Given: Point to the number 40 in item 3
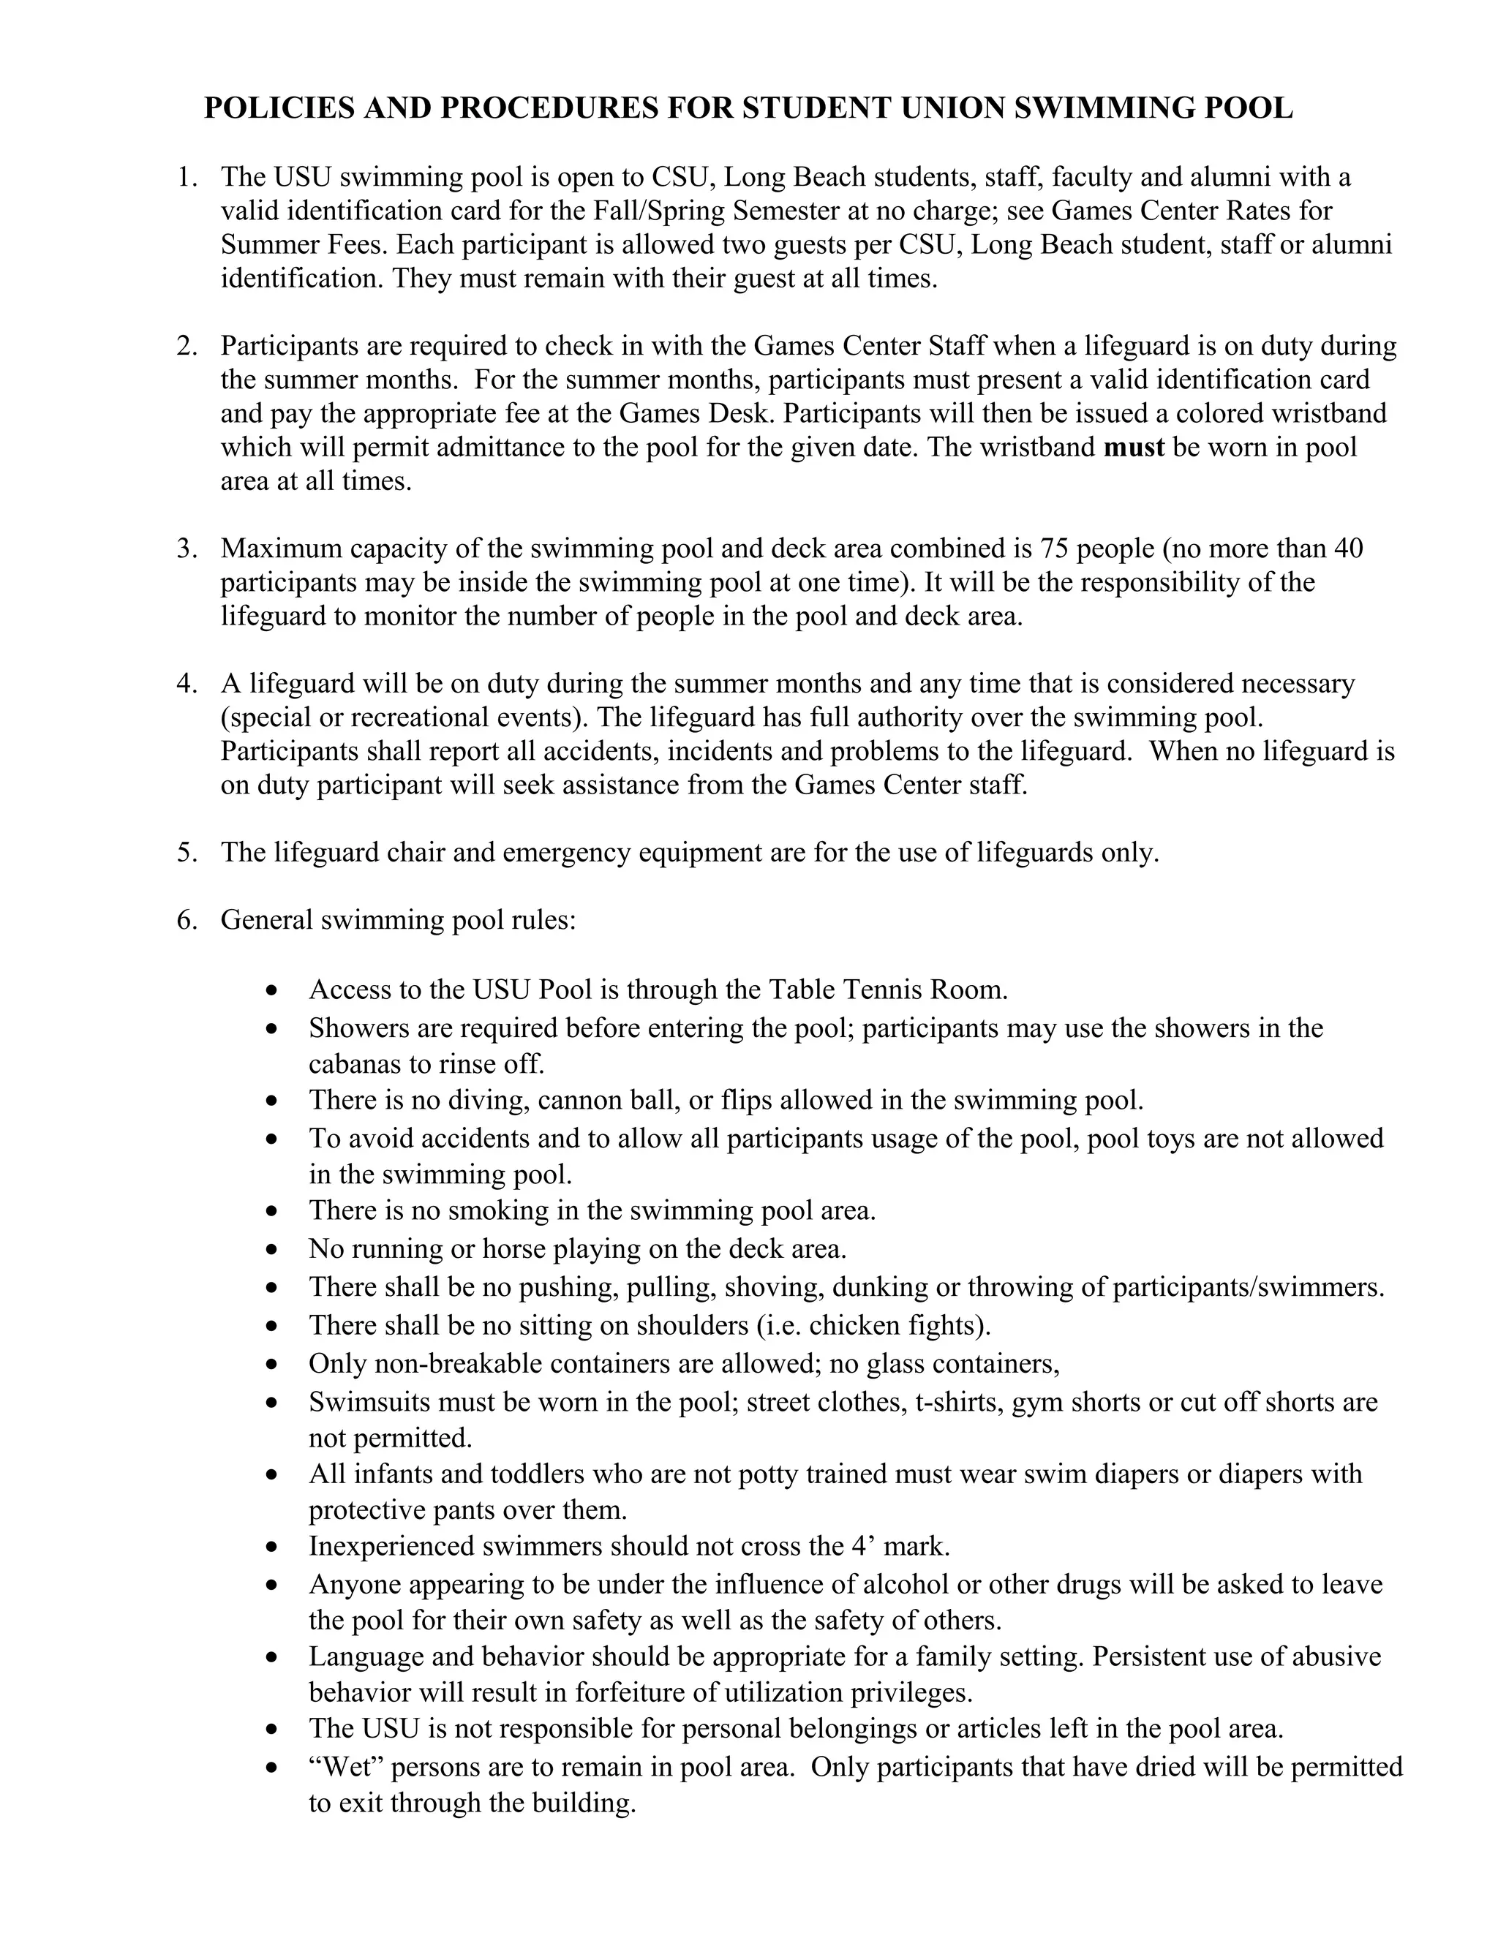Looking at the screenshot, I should click(1347, 548).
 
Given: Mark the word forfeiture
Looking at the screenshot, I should click(629, 1693).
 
